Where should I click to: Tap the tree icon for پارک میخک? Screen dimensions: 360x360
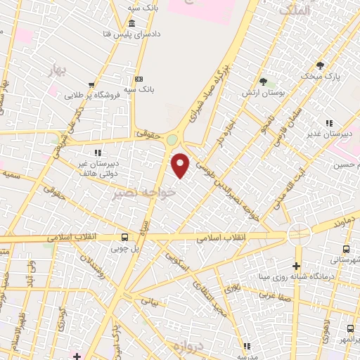click(321, 65)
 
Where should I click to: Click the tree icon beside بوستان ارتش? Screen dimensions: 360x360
click(263, 82)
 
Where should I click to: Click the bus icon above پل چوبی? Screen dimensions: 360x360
click(124, 238)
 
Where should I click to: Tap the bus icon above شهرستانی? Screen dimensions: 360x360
click(347, 249)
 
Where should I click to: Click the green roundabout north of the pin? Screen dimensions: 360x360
click(172, 140)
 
